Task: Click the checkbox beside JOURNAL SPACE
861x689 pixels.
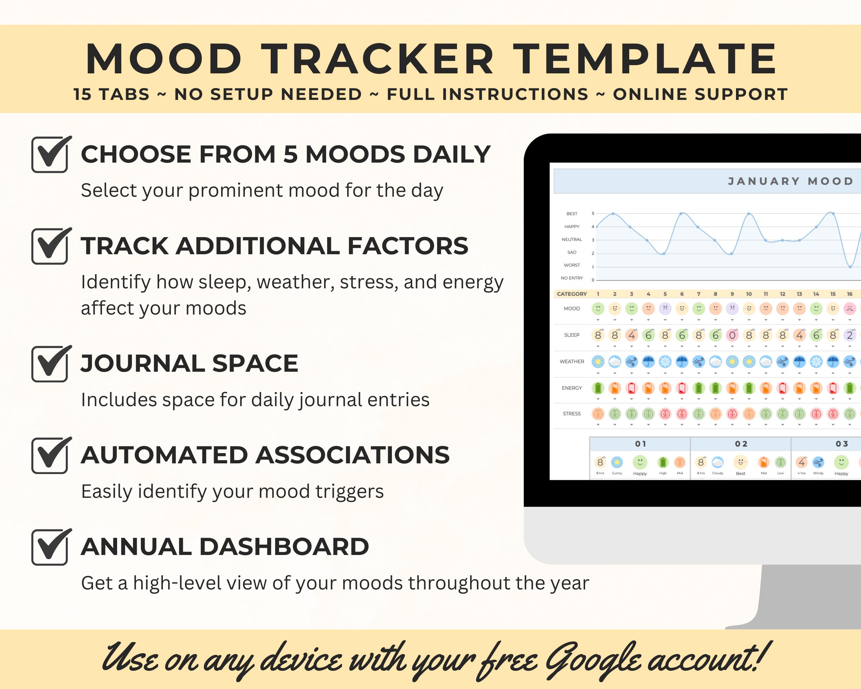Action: point(49,364)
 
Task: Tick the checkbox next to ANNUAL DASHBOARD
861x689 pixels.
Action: point(49,547)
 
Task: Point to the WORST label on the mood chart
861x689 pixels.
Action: point(571,265)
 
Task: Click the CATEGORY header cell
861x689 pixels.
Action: point(571,294)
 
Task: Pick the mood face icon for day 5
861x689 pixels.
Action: point(665,308)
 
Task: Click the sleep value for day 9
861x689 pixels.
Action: point(732,335)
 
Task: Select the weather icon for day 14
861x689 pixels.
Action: point(816,362)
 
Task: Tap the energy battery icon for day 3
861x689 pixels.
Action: point(631,388)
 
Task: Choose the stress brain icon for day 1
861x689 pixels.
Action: point(598,414)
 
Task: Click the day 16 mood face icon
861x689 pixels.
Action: point(849,308)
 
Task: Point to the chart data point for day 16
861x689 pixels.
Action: point(850,267)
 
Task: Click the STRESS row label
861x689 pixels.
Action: point(571,414)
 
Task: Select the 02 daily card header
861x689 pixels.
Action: point(741,444)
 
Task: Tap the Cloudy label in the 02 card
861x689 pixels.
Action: point(718,473)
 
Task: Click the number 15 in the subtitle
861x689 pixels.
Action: point(82,95)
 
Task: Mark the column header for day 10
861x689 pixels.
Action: point(749,294)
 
